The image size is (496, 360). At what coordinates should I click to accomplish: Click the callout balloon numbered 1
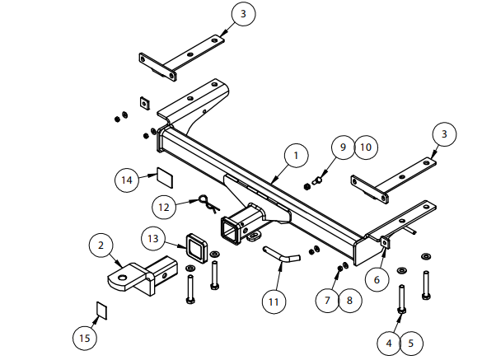296,154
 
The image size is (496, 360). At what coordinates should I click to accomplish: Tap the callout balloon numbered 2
101,245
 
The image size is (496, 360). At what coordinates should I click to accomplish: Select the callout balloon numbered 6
377,279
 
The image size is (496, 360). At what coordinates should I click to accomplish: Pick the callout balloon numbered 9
344,147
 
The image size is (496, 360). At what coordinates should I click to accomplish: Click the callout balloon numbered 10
366,147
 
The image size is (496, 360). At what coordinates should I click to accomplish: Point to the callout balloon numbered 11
274,302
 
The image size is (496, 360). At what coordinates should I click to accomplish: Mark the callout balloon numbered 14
127,179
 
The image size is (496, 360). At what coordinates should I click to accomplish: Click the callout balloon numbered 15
83,338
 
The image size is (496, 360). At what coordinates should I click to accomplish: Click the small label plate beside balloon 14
164,175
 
